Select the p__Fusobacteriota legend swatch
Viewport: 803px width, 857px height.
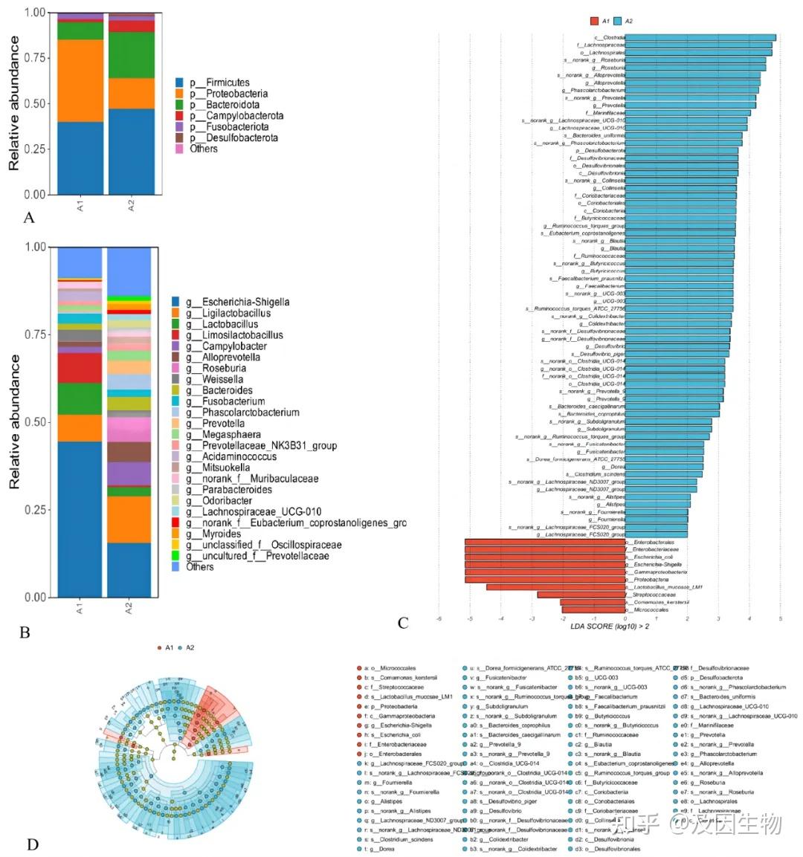pyautogui.click(x=179, y=127)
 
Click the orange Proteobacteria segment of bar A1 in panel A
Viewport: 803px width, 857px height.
pyautogui.click(x=80, y=80)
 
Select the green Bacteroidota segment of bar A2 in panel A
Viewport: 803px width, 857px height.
pyautogui.click(x=132, y=55)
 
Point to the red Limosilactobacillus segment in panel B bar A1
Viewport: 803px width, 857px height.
pyautogui.click(x=80, y=367)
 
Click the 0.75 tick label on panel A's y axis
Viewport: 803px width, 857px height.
pyautogui.click(x=35, y=58)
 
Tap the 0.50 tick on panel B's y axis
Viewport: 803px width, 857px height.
pyautogui.click(x=35, y=422)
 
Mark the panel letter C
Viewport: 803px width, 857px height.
pyautogui.click(x=403, y=623)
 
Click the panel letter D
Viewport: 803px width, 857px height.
pyautogui.click(x=32, y=845)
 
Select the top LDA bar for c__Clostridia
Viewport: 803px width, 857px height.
pyautogui.click(x=700, y=37)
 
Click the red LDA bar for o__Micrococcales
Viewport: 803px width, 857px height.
pyautogui.click(x=593, y=609)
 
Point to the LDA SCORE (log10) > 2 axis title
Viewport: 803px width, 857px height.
pyautogui.click(x=610, y=627)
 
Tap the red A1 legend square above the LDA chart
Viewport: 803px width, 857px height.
pyautogui.click(x=594, y=22)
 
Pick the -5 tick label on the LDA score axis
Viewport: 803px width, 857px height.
pyautogui.click(x=469, y=618)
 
